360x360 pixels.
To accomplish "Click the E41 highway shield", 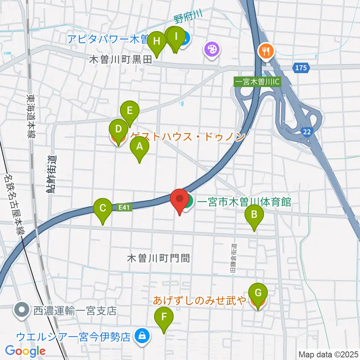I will [x=125, y=207].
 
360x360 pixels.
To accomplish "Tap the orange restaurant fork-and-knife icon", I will [x=266, y=50].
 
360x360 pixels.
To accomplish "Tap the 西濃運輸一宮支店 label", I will [x=75, y=310].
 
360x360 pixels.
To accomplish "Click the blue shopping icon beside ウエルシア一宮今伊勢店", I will [x=142, y=336].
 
